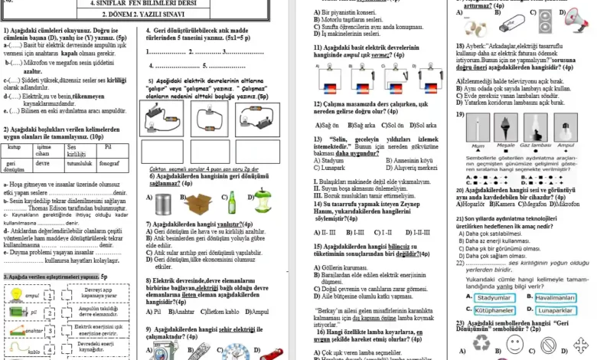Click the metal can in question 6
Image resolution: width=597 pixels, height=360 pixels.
coord(163,204)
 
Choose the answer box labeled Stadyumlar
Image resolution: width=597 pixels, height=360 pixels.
coord(493,297)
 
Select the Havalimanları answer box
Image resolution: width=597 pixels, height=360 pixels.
coord(555,297)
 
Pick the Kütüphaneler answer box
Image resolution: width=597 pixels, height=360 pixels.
coord(493,310)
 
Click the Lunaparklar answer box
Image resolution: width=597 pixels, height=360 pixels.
coord(555,310)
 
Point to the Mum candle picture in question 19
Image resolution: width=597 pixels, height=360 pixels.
coord(479,131)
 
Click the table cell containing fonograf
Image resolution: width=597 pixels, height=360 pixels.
coord(113,162)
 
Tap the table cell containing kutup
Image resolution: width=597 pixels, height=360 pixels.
coord(15,146)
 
